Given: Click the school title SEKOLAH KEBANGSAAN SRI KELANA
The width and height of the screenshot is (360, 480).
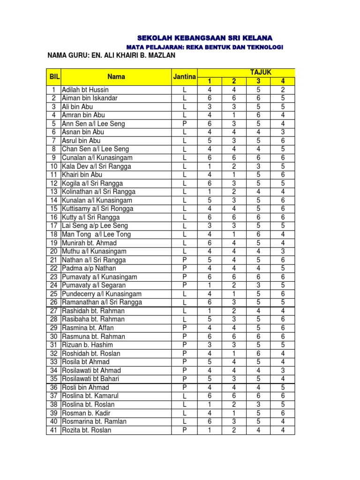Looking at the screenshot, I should coord(204,37).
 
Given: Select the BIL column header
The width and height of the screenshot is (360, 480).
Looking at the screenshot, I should coord(53,76).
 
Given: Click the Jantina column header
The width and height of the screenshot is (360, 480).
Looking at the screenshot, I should coord(184,76).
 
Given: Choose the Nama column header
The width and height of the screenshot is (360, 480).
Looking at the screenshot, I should coord(116,76).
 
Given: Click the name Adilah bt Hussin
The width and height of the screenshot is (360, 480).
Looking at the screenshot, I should coord(85,90).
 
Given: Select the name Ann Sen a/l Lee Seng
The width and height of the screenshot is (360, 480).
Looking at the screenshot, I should coord(93,124).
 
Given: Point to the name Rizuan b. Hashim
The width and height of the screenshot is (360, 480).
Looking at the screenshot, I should coord(88,345).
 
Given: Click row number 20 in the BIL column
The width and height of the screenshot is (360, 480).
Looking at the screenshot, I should coord(53,251).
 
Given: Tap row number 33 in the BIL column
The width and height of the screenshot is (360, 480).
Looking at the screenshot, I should coord(53,362).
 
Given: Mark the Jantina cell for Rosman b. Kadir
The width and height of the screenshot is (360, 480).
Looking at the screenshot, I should coord(185,413).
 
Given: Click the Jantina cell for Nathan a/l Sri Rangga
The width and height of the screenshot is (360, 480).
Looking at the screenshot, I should coord(185,260).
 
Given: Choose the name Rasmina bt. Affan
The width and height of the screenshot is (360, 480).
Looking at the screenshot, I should coord(88,328).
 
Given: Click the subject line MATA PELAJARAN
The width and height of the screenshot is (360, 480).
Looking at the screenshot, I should coord(205,47).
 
